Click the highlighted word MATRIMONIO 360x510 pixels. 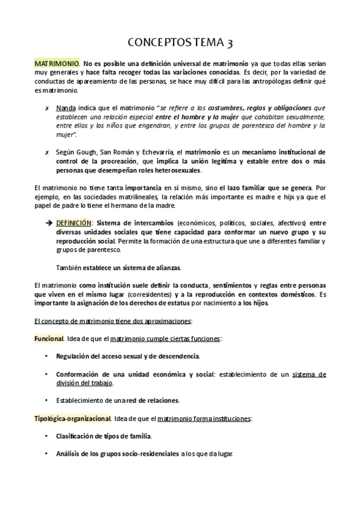[56, 63]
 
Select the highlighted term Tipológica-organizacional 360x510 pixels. [72, 419]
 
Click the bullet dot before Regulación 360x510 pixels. [47, 357]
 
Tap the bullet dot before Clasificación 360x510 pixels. [47, 436]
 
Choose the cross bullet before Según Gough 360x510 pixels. [47, 152]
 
